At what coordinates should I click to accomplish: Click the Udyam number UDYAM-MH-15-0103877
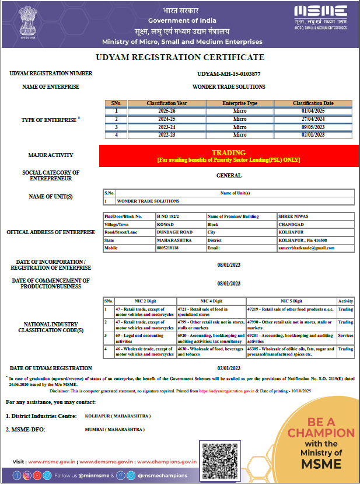coord(229,74)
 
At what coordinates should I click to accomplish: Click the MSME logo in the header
coord(321,18)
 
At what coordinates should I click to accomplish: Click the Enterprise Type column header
coord(240,103)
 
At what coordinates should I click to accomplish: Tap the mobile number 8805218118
coord(170,248)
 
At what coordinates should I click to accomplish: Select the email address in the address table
coord(306,248)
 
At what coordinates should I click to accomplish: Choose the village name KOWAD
coord(165,224)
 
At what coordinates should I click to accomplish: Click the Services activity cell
coord(345,336)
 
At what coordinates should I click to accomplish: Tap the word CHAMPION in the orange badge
coord(321,433)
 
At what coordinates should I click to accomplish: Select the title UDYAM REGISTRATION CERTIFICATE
coord(180,57)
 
